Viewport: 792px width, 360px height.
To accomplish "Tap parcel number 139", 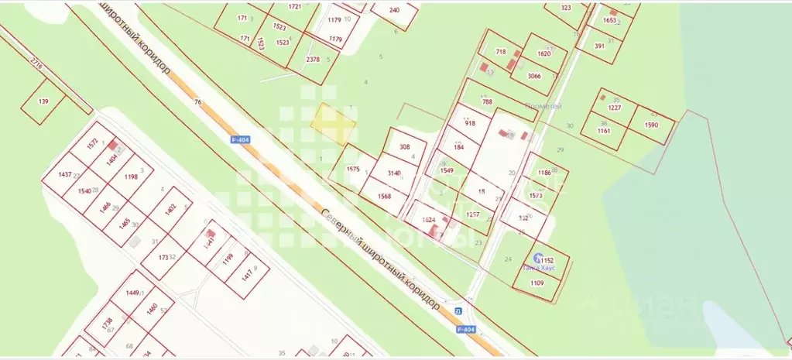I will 43,101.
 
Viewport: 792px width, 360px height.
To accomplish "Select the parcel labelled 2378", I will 313,60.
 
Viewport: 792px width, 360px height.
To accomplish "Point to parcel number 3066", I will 534,76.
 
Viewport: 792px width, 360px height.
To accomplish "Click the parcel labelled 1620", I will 543,53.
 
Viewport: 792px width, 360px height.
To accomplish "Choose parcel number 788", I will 487,101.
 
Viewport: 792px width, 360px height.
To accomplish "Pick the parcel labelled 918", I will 470,123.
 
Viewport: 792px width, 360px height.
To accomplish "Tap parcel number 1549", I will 447,170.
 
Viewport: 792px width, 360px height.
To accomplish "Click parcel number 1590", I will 651,125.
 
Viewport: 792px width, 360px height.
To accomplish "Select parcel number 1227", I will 615,108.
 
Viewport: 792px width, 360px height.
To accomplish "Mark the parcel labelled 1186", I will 545,173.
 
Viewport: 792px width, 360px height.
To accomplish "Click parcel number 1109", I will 537,283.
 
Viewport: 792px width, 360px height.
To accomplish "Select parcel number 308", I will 405,146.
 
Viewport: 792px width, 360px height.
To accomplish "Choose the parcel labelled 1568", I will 385,196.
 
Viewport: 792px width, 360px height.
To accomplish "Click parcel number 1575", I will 354,169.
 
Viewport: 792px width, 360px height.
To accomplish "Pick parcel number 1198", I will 130,177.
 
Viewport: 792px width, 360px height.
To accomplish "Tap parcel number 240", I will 394,10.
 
